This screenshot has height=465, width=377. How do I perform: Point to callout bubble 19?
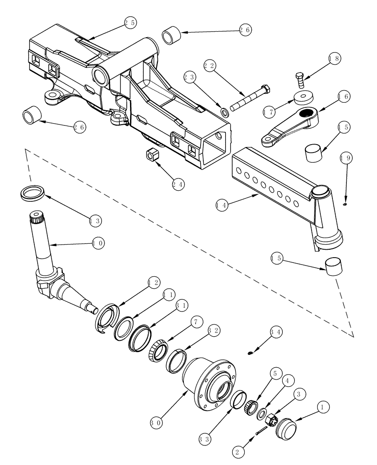[346, 158]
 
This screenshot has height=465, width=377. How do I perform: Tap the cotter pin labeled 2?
[262, 431]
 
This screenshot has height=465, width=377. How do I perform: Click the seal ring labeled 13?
[33, 193]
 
